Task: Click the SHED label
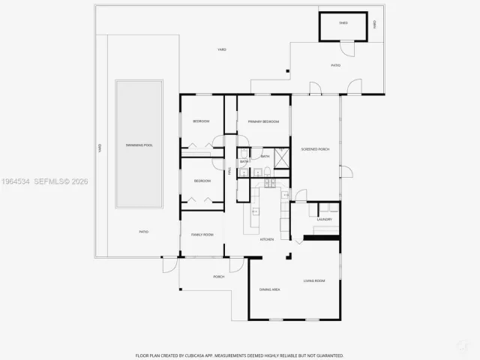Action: tap(343, 23)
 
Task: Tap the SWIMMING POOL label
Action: tap(139, 145)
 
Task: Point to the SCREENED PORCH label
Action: tap(315, 148)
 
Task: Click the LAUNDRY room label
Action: tap(324, 219)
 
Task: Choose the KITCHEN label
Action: tap(266, 239)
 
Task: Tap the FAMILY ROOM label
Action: tap(202, 235)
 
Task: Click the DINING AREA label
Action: tap(269, 289)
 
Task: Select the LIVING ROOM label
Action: tap(313, 280)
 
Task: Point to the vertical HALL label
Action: tap(229, 171)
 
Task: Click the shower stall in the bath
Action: tap(282, 157)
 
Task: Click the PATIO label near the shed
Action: tap(335, 65)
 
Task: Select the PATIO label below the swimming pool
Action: tap(143, 232)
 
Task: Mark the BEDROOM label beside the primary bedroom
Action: tap(201, 121)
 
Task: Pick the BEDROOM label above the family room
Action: tap(202, 181)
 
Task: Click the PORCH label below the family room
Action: tap(218, 277)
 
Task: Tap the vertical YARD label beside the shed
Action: tap(375, 24)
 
